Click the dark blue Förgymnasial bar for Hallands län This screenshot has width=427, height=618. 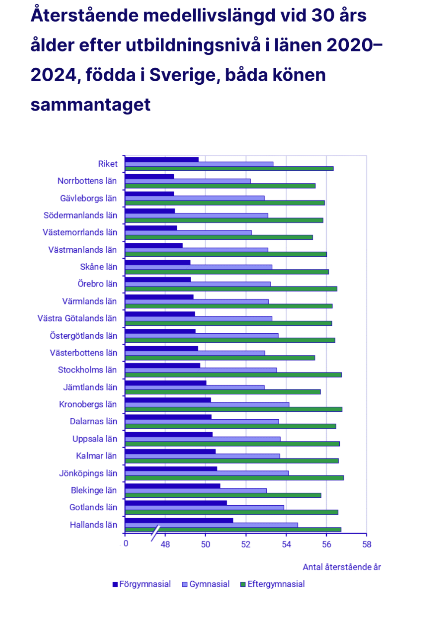click(179, 520)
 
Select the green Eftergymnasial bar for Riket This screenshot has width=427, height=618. click(229, 169)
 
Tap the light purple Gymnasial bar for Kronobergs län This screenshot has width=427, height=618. click(207, 405)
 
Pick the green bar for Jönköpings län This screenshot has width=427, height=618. click(234, 478)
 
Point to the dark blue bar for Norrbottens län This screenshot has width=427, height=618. click(150, 176)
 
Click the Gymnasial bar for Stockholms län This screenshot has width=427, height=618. click(201, 370)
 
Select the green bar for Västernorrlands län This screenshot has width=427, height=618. click(219, 237)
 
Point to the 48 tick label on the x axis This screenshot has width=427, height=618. click(165, 545)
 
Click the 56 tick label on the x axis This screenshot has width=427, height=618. click(327, 545)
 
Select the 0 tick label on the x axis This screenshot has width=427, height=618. click(126, 544)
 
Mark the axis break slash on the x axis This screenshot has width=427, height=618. click(155, 533)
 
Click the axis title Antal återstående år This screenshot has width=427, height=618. click(341, 567)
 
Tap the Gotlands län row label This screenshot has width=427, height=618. click(93, 507)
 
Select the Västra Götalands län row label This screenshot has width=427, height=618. click(77, 319)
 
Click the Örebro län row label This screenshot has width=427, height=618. click(97, 284)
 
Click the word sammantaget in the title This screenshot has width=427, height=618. click(90, 105)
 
